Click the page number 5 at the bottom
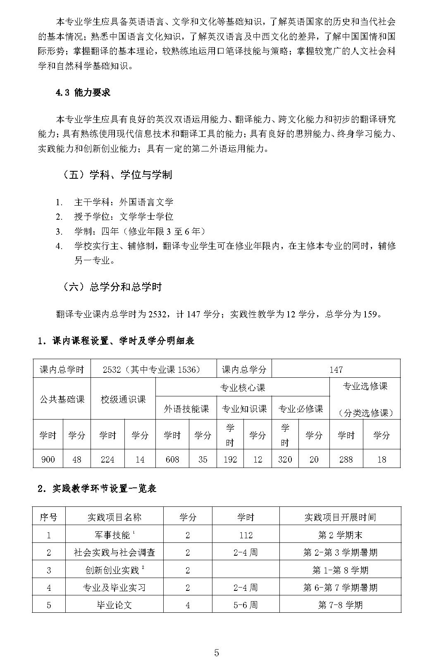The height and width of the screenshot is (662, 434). click(217, 641)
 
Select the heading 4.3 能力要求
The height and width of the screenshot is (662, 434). click(83, 93)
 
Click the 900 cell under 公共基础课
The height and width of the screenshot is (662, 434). click(48, 459)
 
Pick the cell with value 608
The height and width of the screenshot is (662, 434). click(172, 459)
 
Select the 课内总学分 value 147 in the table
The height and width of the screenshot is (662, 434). click(336, 369)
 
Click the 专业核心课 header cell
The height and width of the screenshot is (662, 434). click(243, 388)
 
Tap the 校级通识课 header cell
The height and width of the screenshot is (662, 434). click(123, 399)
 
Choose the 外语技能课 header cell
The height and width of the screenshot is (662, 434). click(186, 409)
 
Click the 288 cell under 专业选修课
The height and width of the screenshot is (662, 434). click(346, 459)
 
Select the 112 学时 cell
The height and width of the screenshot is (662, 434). click(246, 535)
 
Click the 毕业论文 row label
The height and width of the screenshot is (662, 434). click(114, 605)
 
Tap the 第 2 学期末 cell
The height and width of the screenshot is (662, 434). click(340, 535)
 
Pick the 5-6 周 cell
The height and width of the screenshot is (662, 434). click(246, 605)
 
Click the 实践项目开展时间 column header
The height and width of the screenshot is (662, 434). click(340, 517)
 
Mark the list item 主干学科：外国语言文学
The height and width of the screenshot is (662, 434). click(124, 202)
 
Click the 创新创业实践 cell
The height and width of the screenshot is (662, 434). click(114, 570)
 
